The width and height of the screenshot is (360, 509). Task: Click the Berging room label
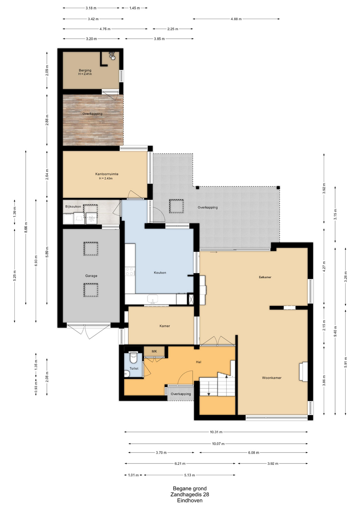(85, 70)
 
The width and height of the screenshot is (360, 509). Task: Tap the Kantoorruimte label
(107, 174)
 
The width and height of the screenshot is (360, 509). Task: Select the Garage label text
(91, 276)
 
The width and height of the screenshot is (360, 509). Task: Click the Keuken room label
(160, 273)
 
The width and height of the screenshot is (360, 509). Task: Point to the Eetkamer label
(265, 277)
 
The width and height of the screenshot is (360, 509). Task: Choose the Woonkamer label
(272, 378)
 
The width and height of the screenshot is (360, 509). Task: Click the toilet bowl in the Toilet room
(133, 358)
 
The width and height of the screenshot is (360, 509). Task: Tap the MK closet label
(154, 351)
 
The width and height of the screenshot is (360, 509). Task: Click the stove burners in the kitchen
(130, 271)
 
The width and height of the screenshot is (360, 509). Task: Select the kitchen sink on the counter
(153, 299)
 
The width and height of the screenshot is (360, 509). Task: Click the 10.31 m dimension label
(216, 432)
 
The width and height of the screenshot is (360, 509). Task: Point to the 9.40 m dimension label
(335, 331)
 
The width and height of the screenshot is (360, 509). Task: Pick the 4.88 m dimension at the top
(236, 19)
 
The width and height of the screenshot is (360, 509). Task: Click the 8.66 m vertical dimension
(26, 227)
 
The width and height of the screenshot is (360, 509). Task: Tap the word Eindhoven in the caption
(190, 501)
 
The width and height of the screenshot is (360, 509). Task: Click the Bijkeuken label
(73, 207)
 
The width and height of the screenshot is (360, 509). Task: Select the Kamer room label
(165, 326)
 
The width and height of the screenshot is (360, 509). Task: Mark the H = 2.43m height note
(106, 178)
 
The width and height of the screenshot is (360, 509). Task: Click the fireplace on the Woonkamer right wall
(304, 372)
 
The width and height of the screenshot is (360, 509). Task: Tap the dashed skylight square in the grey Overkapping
(177, 206)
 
